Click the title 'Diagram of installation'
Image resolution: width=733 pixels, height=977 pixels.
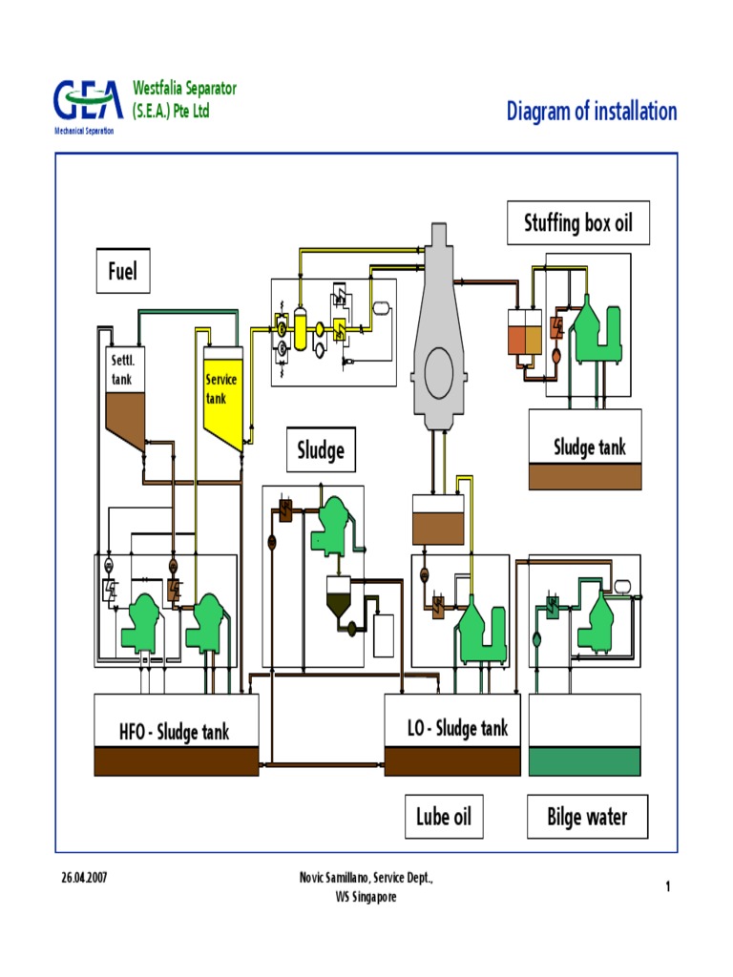[x=592, y=112]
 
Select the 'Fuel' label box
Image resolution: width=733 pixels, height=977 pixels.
[x=122, y=272]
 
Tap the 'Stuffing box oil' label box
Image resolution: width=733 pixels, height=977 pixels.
[x=577, y=224]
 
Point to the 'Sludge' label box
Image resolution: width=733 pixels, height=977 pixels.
[x=321, y=449]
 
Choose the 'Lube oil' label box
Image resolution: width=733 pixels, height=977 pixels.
[x=444, y=817]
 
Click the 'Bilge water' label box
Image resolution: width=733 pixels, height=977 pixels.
[x=587, y=817]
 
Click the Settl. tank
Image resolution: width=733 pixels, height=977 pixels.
[x=124, y=391]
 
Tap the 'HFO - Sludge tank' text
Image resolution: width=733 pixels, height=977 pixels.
[x=175, y=732]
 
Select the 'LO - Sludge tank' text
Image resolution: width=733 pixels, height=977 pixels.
[x=458, y=729]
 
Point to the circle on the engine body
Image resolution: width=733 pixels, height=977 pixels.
[x=439, y=366]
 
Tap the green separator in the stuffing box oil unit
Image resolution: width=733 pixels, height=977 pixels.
[x=597, y=329]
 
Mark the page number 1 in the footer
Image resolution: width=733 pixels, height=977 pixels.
[x=668, y=887]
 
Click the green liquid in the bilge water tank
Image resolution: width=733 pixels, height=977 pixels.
[x=584, y=761]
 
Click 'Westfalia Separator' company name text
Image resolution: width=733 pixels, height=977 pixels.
[x=184, y=89]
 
